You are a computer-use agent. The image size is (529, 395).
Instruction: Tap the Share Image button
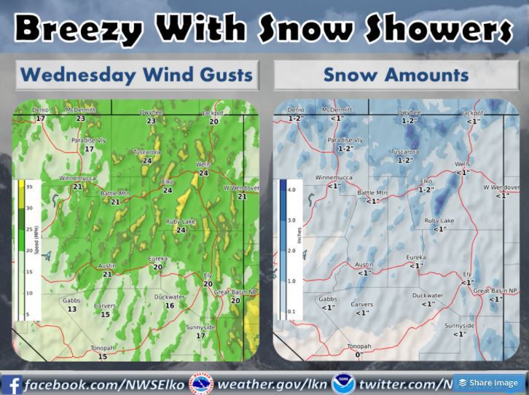tap(489, 383)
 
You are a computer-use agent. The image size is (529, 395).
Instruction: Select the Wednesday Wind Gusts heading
tap(137, 74)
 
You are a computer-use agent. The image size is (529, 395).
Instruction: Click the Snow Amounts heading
tap(396, 74)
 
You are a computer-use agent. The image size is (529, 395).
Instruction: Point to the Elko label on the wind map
tap(167, 181)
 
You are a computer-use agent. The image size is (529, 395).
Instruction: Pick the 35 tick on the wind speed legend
tap(28, 187)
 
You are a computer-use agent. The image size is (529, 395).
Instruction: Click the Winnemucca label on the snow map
tap(333, 178)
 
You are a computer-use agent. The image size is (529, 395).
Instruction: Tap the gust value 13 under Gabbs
tap(71, 309)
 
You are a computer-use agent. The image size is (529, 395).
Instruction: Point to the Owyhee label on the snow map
tap(409, 113)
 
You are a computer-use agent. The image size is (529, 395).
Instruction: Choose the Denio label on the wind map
tap(40, 110)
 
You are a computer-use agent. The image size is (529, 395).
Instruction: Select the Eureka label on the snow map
tap(415, 257)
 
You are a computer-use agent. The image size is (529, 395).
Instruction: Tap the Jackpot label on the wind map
tap(214, 114)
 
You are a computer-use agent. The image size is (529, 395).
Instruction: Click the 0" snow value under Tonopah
tap(358, 356)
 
